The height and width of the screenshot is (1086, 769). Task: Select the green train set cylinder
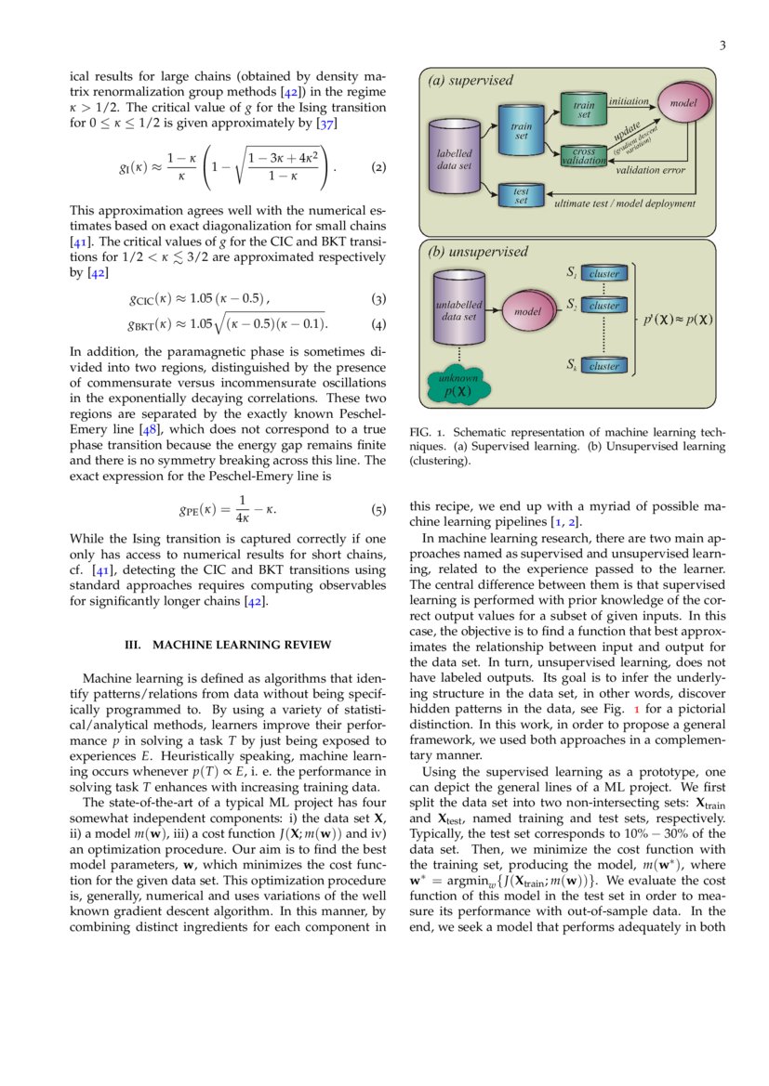point(583,110)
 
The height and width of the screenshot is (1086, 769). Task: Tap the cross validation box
point(584,156)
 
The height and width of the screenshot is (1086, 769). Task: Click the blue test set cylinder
point(521,196)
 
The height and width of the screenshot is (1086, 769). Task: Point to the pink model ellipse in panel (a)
point(683,104)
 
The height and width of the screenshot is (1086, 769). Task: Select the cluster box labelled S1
point(604,273)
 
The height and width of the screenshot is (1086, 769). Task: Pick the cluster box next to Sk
point(604,366)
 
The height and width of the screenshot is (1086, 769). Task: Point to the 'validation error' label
point(651,171)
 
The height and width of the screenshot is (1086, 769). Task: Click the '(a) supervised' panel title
point(471,81)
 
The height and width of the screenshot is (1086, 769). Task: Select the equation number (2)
point(378,168)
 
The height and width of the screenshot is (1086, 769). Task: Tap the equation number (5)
point(378,510)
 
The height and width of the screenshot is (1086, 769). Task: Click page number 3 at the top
point(723,46)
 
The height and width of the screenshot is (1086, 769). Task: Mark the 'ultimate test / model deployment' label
point(624,203)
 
